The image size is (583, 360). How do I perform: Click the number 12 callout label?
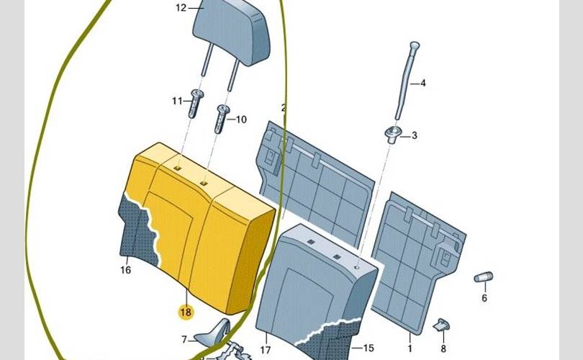pos(181,8)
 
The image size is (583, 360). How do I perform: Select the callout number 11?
pos(177,102)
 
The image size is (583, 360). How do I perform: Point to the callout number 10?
pos(240,120)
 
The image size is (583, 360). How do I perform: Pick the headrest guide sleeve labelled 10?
pos(221,118)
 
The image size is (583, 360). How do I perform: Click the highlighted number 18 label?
pos(186,312)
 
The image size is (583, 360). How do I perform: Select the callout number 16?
pos(126,271)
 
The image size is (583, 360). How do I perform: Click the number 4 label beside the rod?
pos(423,84)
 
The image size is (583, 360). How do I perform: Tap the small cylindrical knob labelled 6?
pos(482,278)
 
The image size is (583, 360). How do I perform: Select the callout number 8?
pos(444,348)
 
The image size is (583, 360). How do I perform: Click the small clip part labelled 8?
pos(440,325)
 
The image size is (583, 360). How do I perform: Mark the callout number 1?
pos(410,337)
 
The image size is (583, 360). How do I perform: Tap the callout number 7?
pos(184,338)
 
